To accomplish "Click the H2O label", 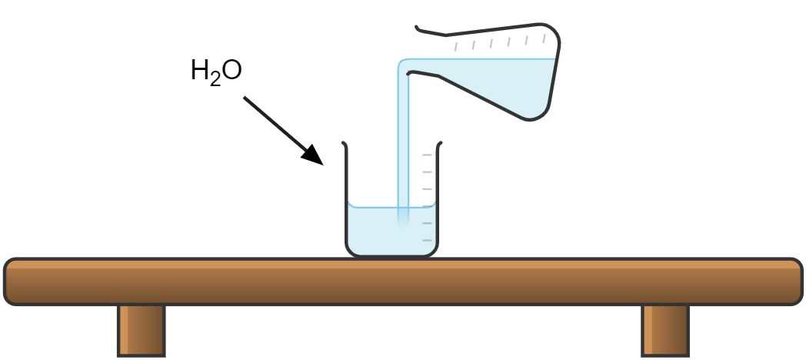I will point(215,72).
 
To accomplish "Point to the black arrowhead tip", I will point(321,163).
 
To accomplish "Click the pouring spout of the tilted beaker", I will point(408,72).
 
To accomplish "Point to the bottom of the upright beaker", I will point(392,254).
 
